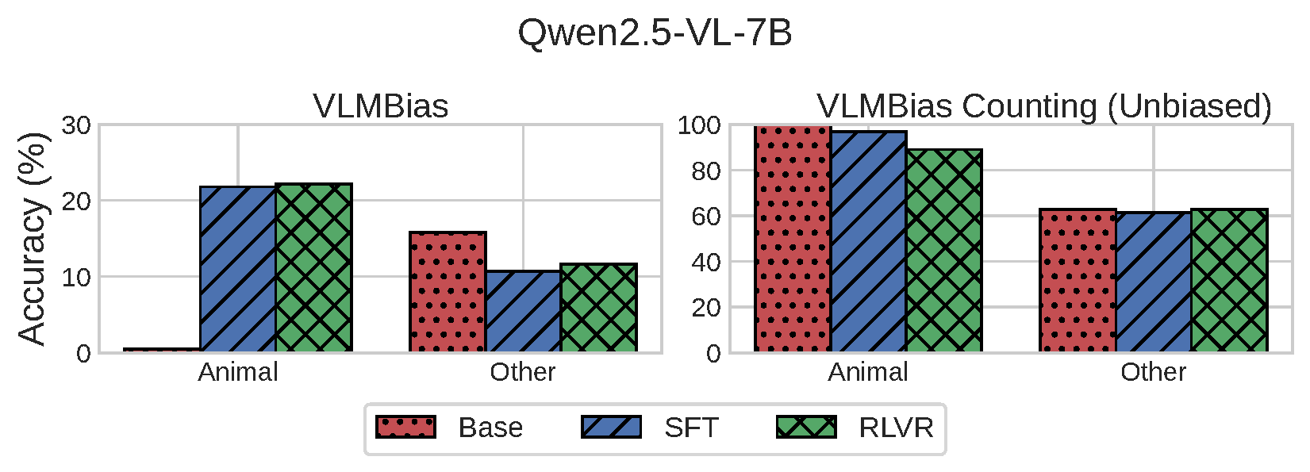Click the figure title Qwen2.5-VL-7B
[x=655, y=33]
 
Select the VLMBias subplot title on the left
[x=381, y=106]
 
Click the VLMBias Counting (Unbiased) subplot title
[x=1044, y=106]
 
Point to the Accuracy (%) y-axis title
[x=33, y=238]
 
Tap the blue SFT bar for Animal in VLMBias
[x=238, y=270]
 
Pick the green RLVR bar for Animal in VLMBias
[x=313, y=268]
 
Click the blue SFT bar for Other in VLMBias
[x=523, y=312]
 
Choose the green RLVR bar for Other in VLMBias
[x=598, y=308]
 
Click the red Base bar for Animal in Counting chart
[x=793, y=238]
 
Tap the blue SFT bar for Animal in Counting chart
[x=868, y=242]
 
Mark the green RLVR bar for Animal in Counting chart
[x=943, y=251]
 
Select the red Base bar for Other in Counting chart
[x=1078, y=281]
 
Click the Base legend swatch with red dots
[x=405, y=427]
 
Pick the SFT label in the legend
[x=691, y=428]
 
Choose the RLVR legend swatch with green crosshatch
[x=806, y=427]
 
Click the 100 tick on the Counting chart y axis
[x=699, y=125]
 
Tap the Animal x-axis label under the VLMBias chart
[x=238, y=372]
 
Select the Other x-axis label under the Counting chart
[x=1153, y=372]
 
